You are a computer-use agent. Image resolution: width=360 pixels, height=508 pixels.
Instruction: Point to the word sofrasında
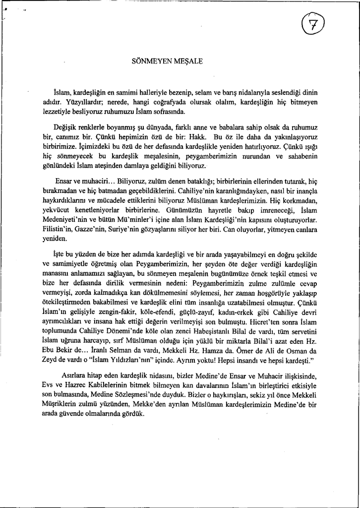[x=159, y=111]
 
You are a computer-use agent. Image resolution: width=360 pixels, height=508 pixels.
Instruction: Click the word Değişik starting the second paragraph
[x=66, y=128]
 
